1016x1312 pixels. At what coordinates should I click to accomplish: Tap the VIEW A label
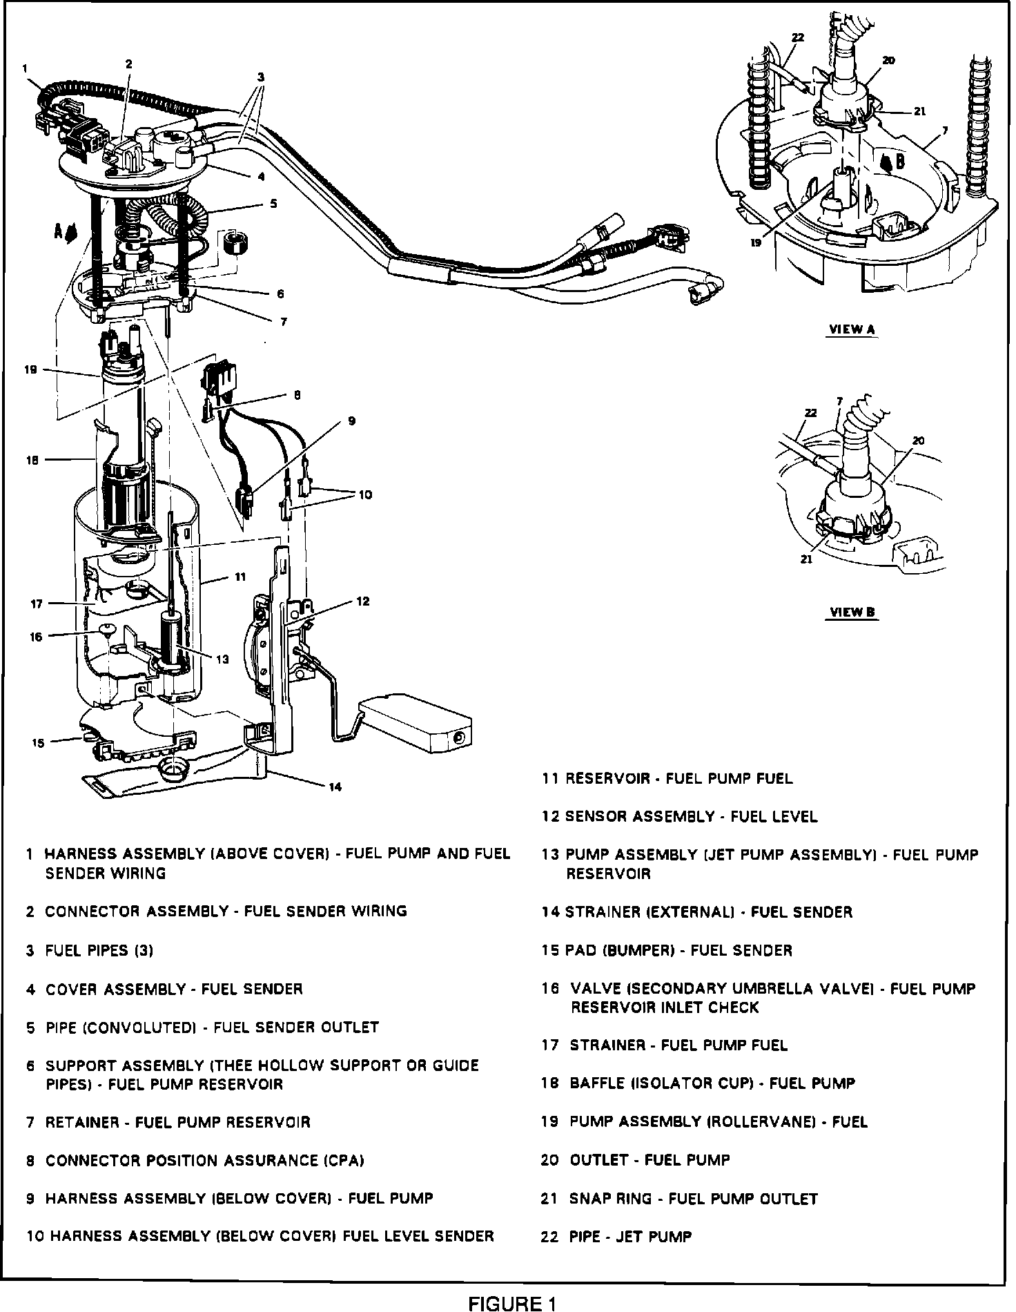tap(851, 329)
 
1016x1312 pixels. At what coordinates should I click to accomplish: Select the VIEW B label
tap(852, 612)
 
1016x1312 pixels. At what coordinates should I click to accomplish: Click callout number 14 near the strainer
tap(335, 787)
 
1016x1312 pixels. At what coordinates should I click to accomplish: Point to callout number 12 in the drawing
tap(363, 601)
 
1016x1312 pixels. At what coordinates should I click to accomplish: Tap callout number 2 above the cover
tap(129, 64)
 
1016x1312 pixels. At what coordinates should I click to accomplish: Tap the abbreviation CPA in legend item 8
tap(344, 1161)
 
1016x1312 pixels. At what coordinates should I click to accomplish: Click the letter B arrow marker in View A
tap(899, 162)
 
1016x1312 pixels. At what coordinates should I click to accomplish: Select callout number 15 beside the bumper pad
tap(38, 742)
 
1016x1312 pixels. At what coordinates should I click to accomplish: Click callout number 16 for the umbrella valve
tap(36, 637)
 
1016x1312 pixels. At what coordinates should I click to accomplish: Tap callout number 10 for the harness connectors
tap(365, 494)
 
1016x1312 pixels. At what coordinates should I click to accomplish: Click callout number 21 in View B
tap(806, 560)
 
